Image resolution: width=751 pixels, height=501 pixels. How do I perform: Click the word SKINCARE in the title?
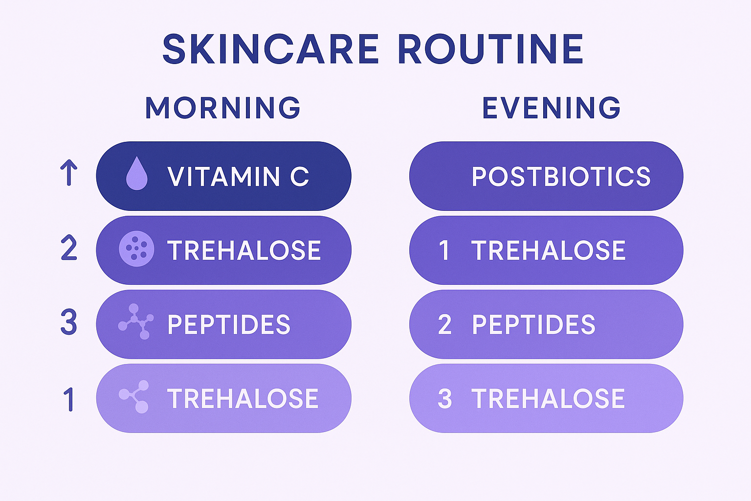[x=270, y=49]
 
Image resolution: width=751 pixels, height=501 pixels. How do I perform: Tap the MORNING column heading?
[x=223, y=108]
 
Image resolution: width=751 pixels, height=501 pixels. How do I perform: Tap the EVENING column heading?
[x=551, y=108]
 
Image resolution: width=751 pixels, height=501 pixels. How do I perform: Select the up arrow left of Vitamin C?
[x=69, y=172]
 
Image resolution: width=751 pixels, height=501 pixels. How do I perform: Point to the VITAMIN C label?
[x=238, y=177]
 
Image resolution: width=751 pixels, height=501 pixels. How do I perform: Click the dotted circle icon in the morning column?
[x=136, y=249]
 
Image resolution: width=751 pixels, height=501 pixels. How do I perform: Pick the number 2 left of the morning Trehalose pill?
[x=69, y=248]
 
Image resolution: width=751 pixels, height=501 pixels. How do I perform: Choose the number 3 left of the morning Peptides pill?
[x=69, y=322]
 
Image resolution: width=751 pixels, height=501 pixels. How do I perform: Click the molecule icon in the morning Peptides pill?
[x=136, y=321]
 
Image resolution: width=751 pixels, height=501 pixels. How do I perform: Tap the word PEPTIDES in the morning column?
[x=229, y=324]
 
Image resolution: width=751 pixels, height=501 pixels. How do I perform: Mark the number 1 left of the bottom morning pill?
[x=69, y=399]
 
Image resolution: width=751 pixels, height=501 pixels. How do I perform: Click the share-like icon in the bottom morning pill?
[x=134, y=396]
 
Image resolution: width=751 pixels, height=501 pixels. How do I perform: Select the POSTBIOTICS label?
[x=561, y=177]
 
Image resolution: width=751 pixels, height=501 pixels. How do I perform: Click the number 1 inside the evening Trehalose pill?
[x=444, y=250]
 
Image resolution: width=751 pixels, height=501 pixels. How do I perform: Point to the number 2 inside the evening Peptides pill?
[x=444, y=324]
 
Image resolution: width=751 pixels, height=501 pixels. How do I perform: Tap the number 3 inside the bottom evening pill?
[x=444, y=398]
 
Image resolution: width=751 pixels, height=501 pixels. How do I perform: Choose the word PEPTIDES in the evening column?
[x=533, y=324]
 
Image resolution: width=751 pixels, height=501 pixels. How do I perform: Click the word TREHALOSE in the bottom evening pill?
[x=548, y=398]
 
